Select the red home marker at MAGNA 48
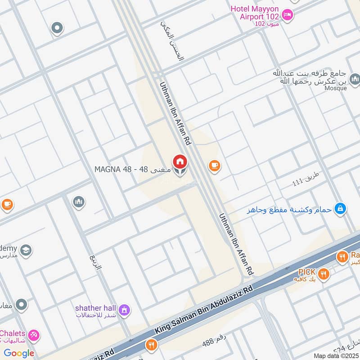pos(179,162)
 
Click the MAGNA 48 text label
pos(133,170)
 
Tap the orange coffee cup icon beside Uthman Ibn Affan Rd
pos(214,166)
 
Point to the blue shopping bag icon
pos(341,208)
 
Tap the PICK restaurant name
pos(307,272)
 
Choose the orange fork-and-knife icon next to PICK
pos(323,273)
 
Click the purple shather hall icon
pos(124,310)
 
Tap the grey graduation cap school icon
pos(26,250)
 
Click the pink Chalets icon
pos(34,336)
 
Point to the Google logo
pos(19,353)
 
